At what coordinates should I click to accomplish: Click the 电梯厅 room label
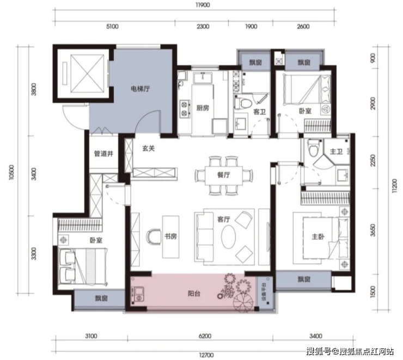point(140,89)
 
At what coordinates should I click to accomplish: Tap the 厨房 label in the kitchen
point(203,108)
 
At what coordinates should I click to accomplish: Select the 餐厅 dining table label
point(224,175)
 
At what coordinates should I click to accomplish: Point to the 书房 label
point(170,236)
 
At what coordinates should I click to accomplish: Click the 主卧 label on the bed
point(318,236)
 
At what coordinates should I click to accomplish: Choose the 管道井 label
point(103,154)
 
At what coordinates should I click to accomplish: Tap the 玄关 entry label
point(149,148)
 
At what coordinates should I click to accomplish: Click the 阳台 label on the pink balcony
point(194,294)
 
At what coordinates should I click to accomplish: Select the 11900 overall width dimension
point(203,5)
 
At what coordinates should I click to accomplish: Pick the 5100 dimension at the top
point(112,27)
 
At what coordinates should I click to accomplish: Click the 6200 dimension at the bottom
point(205,336)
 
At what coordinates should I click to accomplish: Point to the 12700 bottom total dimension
point(206,355)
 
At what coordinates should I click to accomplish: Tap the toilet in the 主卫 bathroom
point(313,148)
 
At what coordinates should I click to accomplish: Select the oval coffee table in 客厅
point(229,237)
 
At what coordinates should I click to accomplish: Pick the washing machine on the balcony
point(138,294)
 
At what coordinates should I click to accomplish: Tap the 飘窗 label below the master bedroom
point(304,279)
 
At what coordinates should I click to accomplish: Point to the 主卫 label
point(336,151)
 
